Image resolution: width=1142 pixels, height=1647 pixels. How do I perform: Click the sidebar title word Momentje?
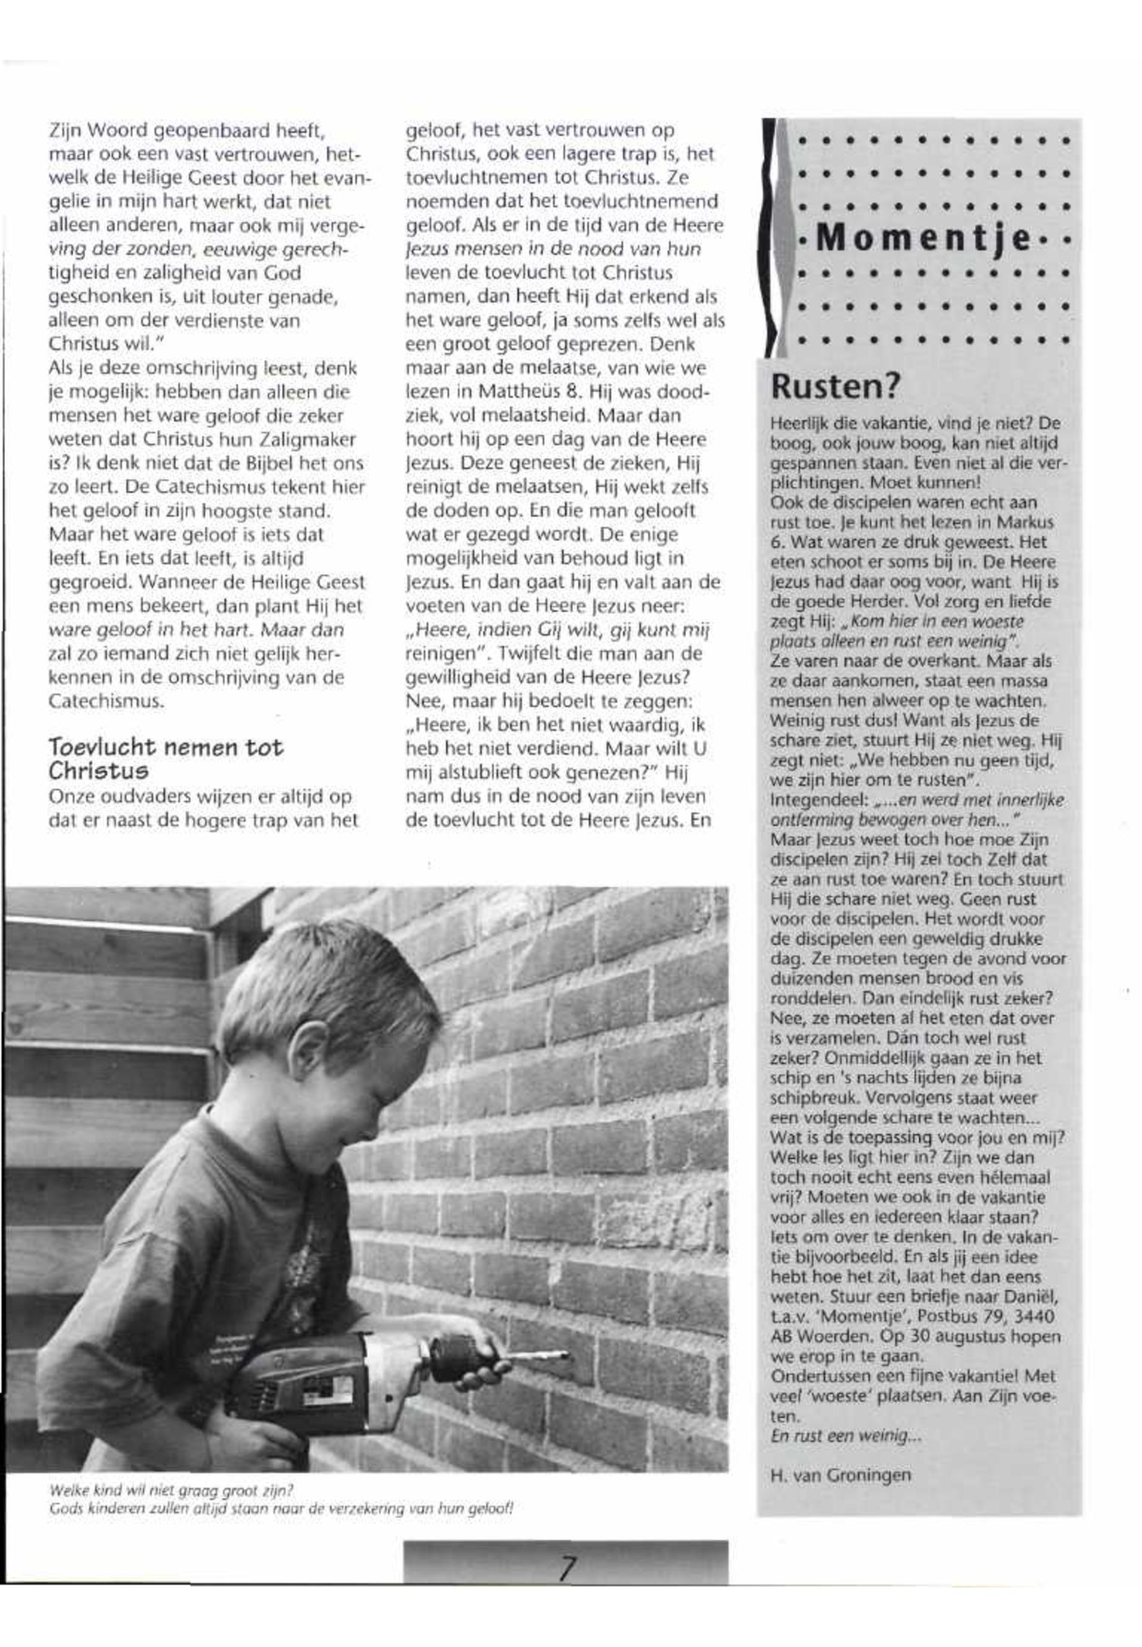[x=923, y=240]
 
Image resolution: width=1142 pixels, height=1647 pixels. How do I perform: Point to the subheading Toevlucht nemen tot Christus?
[x=165, y=758]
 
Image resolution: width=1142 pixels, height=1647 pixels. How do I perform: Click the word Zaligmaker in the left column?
[x=312, y=440]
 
